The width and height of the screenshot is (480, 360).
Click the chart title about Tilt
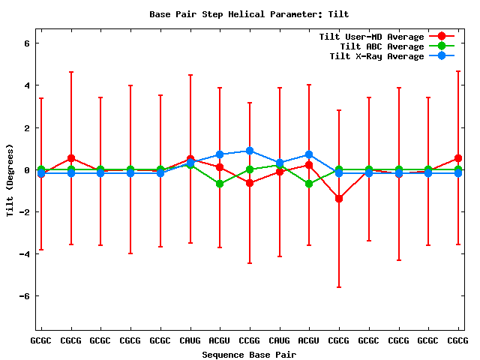pyautogui.click(x=249, y=14)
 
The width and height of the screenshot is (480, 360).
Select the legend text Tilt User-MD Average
pyautogui.click(x=371, y=37)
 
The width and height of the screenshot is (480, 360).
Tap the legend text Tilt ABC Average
pyautogui.click(x=376, y=46)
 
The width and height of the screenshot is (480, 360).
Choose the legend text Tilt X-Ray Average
pyautogui.click(x=376, y=56)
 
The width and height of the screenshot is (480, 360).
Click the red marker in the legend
pyautogui.click(x=442, y=37)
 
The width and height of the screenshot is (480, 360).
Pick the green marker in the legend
pyautogui.click(x=442, y=46)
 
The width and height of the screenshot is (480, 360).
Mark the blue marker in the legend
pyautogui.click(x=442, y=56)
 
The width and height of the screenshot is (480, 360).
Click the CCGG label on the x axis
pyautogui.click(x=250, y=340)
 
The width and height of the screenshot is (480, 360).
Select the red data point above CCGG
pyautogui.click(x=250, y=183)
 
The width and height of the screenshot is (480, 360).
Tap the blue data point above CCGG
pyautogui.click(x=250, y=151)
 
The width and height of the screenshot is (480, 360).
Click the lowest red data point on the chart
pyautogui.click(x=339, y=199)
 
